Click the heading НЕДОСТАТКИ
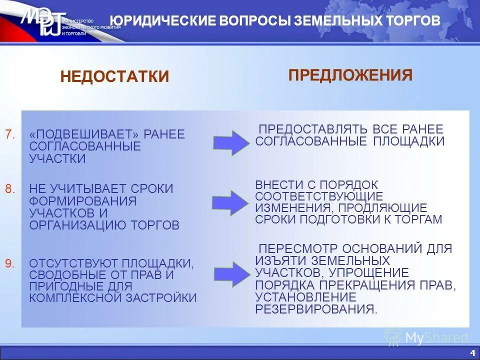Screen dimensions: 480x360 point(114,76)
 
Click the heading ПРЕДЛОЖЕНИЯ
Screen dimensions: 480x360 point(350,75)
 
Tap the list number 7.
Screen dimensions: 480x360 point(10,134)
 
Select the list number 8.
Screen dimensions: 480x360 point(10,188)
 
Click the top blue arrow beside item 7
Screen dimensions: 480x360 point(231,143)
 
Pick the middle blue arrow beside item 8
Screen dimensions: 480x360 point(230,202)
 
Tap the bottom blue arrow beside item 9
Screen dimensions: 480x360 point(231,273)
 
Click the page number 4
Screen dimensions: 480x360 point(473,349)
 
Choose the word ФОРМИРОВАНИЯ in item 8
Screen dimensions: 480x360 point(82,201)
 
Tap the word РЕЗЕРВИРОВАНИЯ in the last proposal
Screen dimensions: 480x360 point(316,308)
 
